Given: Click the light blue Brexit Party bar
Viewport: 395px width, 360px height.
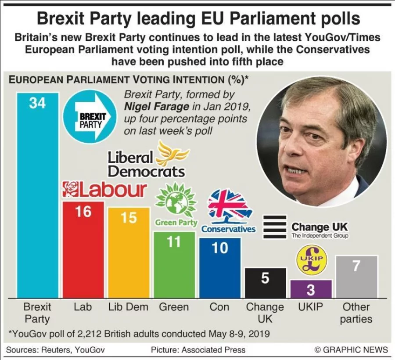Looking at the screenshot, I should pos(37,198).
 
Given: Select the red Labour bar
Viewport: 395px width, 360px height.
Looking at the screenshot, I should pos(83,250).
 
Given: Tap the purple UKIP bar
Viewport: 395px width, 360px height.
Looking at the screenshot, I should pos(311,289).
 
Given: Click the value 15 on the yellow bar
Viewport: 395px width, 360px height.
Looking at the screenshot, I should pos(129,218).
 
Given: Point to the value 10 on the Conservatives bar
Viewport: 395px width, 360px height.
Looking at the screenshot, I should pos(220,248).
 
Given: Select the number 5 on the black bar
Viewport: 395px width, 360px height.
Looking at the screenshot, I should pos(265,278).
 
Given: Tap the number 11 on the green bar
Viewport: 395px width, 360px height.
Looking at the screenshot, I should pos(174,241).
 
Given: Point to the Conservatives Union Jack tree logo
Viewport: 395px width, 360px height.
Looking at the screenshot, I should pos(227,206).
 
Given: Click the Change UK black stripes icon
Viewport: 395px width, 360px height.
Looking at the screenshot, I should pos(274,227).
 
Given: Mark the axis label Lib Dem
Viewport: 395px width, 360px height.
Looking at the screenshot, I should pos(128,306).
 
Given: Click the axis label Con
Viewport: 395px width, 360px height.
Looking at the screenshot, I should pos(219,306).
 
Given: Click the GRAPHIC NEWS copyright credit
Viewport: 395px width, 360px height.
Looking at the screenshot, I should pos(351,349).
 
